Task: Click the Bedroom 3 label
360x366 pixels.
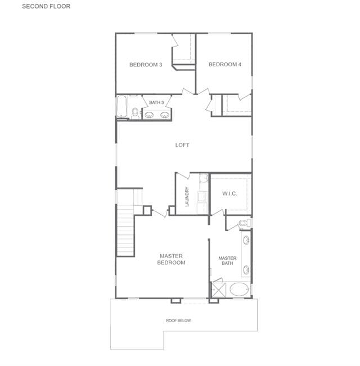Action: click(x=146, y=65)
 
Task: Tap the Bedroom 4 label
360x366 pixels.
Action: click(x=225, y=65)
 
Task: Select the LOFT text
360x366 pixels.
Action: click(x=182, y=145)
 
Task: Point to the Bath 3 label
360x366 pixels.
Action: click(x=156, y=102)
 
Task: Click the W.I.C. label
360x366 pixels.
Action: click(x=229, y=193)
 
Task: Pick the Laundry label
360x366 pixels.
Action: click(x=187, y=197)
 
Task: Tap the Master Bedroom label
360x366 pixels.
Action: click(x=171, y=259)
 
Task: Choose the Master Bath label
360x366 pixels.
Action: click(x=227, y=260)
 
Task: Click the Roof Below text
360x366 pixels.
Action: click(x=178, y=320)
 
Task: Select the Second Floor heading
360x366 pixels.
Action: click(x=46, y=6)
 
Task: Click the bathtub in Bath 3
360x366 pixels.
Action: click(x=121, y=106)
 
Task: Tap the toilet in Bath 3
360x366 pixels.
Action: click(x=135, y=113)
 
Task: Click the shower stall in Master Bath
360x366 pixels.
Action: click(x=218, y=290)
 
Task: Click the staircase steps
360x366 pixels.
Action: click(x=125, y=231)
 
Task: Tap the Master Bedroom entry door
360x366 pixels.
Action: click(x=160, y=213)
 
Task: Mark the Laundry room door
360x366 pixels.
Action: click(x=183, y=175)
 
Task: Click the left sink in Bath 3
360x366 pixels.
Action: click(x=149, y=115)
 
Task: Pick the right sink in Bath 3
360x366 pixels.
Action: click(x=165, y=115)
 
